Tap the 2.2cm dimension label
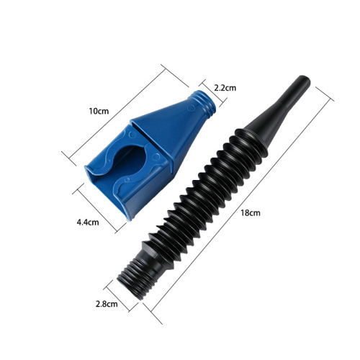coord(225,87)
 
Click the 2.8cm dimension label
coord(105,304)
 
